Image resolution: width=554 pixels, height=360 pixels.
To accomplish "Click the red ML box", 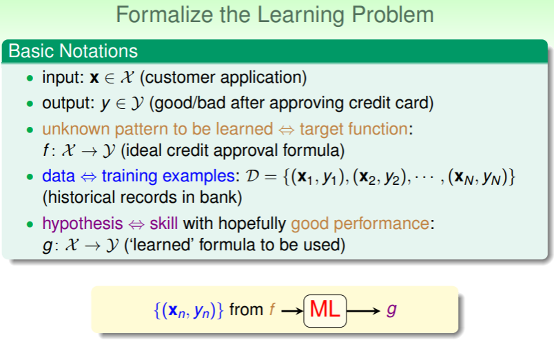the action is coord(325,311).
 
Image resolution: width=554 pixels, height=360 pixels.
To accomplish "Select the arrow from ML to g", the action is coord(363,311).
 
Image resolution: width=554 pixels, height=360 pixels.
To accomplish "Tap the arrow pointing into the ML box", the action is coord(292,311).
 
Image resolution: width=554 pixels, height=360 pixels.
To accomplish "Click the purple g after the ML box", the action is coord(391,310).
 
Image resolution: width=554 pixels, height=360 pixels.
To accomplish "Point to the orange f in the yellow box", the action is coord(272,309).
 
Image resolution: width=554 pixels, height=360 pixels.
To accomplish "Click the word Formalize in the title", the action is coord(164,15).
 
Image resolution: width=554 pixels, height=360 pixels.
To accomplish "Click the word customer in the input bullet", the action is coord(179,77).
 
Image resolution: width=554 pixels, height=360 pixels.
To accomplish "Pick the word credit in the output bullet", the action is coord(369,103).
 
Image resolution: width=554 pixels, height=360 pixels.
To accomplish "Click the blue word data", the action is coord(59,176).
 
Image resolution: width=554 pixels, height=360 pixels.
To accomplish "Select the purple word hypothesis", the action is coord(83,223).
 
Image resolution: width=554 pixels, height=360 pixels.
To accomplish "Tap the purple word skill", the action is coord(163,223).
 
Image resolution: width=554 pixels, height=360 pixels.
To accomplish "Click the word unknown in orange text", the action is coord(76,129).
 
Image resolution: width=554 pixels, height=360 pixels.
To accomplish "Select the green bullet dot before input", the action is coord(30,78).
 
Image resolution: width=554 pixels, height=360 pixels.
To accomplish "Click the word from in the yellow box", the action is coord(246,310).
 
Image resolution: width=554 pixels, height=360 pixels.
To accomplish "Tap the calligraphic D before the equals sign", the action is coord(252,176).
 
